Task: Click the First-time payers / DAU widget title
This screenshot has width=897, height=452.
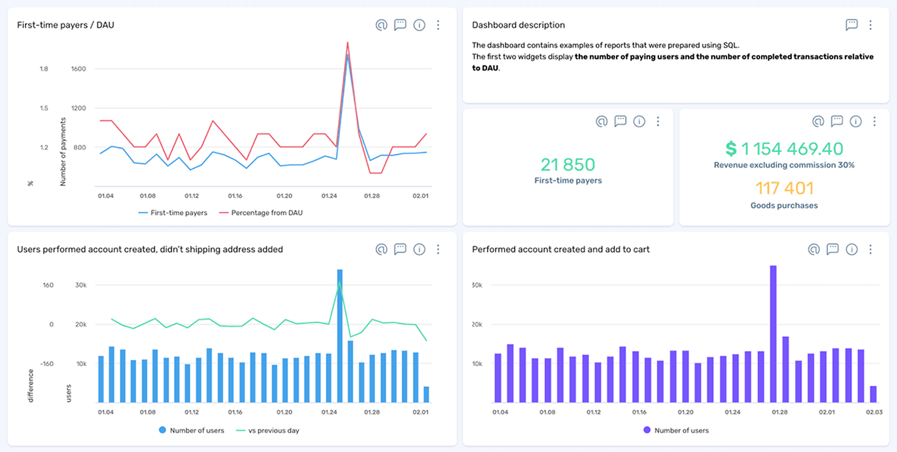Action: (65, 25)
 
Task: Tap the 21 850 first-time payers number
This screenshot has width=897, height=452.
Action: (567, 165)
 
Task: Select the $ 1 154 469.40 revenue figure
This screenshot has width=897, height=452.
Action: (784, 149)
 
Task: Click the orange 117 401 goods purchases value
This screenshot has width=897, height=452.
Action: (784, 188)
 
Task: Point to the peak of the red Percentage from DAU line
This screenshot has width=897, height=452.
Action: (347, 43)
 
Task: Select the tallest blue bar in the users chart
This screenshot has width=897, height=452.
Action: (340, 334)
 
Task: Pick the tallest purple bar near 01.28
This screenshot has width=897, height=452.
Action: (773, 334)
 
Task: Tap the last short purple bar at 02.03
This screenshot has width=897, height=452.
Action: (873, 394)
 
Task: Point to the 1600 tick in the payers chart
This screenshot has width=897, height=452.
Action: (78, 69)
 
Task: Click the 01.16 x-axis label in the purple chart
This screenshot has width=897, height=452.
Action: (639, 412)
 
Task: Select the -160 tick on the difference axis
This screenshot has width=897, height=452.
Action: (47, 364)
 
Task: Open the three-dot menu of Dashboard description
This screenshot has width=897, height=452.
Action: (870, 25)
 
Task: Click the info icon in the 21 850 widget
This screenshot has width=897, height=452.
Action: (639, 121)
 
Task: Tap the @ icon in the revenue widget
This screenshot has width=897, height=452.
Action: (818, 121)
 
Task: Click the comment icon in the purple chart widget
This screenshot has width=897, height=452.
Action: (832, 249)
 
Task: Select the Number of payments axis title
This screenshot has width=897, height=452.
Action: (63, 152)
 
